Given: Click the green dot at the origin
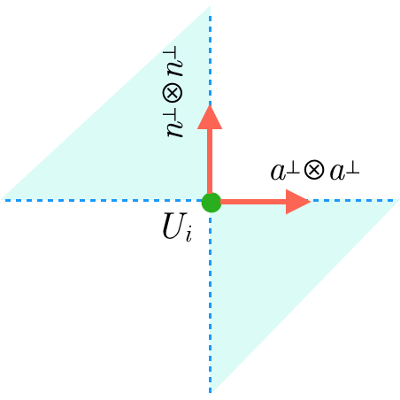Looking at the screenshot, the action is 211,202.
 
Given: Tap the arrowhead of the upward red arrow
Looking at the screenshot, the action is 211,119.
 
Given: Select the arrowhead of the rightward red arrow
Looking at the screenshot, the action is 296,202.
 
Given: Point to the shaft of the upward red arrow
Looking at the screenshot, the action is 211,164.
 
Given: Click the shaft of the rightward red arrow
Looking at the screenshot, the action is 252,202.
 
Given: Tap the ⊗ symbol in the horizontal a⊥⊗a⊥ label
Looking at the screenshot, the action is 313,170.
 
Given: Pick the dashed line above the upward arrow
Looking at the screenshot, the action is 211,53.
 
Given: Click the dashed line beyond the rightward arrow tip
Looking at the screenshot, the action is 354,201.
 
